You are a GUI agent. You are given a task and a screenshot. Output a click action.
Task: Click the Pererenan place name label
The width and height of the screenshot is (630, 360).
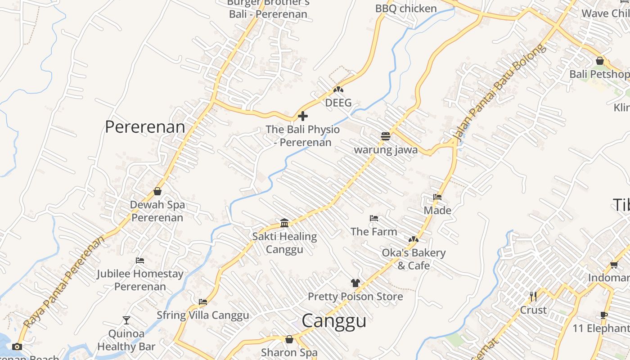[145, 127]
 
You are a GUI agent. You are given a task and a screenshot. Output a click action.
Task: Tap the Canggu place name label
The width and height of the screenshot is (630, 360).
[333, 321]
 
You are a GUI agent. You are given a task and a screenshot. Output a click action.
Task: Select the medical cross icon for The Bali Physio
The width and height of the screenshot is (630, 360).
[303, 116]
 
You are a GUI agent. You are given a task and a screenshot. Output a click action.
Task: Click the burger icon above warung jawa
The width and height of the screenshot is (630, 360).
[386, 136]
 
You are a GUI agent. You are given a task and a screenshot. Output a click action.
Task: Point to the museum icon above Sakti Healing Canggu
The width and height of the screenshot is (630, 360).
[284, 223]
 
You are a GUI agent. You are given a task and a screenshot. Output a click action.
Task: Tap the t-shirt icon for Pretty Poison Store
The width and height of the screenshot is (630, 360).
[355, 283]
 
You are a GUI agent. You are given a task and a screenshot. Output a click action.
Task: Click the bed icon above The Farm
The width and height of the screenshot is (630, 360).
[374, 218]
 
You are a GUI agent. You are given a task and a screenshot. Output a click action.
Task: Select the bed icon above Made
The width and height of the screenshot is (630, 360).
[437, 197]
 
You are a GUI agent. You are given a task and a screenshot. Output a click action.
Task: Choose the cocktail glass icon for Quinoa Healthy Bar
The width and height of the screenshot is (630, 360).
[126, 320]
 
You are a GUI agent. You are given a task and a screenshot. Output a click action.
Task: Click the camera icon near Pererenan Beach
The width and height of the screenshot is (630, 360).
[17, 346]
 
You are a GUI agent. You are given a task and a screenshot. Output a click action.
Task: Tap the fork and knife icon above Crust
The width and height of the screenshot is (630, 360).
[533, 296]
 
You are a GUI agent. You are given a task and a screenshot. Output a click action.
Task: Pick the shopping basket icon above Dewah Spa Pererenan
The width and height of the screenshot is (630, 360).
[157, 191]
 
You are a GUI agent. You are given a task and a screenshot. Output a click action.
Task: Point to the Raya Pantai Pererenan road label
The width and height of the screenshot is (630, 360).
[63, 282]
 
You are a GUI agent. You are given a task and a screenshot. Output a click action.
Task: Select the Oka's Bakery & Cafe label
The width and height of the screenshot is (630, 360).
[414, 259]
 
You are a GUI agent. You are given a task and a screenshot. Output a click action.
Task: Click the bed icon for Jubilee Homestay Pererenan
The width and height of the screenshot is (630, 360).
[140, 261]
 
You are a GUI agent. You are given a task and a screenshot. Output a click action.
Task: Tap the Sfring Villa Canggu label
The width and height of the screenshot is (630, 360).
[202, 315]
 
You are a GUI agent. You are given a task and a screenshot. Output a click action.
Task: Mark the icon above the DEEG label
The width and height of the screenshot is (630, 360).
[338, 90]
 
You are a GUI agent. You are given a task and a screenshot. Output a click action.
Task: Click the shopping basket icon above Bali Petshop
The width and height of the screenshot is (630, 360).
[600, 61]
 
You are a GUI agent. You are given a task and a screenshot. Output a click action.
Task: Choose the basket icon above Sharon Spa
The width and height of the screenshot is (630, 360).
[289, 339]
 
